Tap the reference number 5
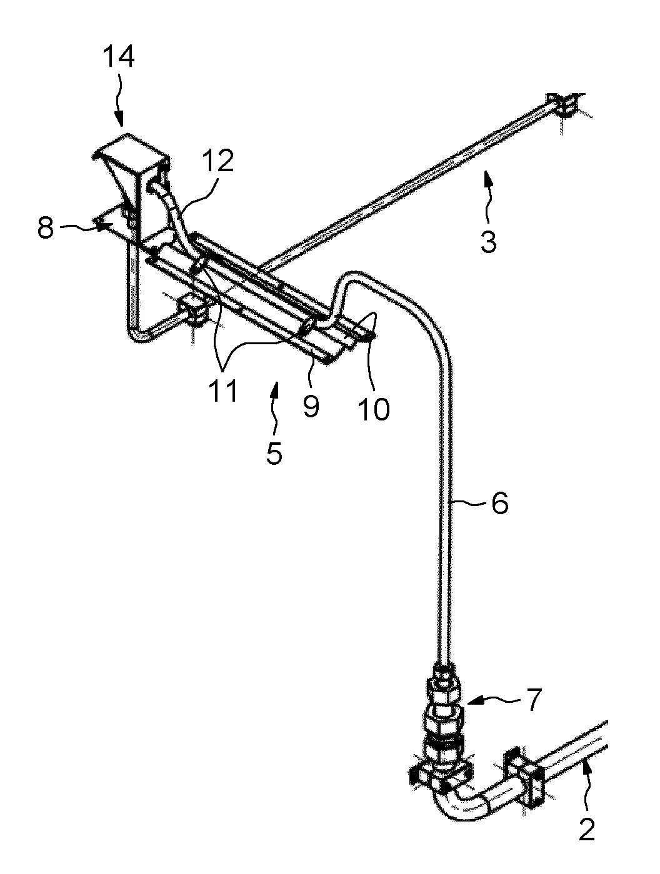[274, 452]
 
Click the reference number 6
[499, 503]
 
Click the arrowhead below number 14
[120, 119]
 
